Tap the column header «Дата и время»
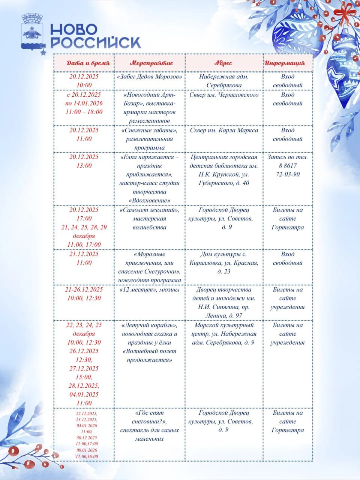coord(88,63)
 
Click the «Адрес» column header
coord(223,63)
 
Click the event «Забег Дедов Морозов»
coord(149,76)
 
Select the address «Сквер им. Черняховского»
coord(224,94)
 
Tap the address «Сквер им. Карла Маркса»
coord(224,130)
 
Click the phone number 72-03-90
coord(288,174)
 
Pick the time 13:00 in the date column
coord(84,166)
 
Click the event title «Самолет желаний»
coord(149,210)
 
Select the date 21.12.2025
coord(84,254)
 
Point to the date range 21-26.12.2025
coord(84,289)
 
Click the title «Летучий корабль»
coord(149,325)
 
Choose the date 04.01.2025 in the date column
coord(84,394)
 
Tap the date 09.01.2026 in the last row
coord(87,450)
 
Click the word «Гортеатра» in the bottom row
coord(288,430)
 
